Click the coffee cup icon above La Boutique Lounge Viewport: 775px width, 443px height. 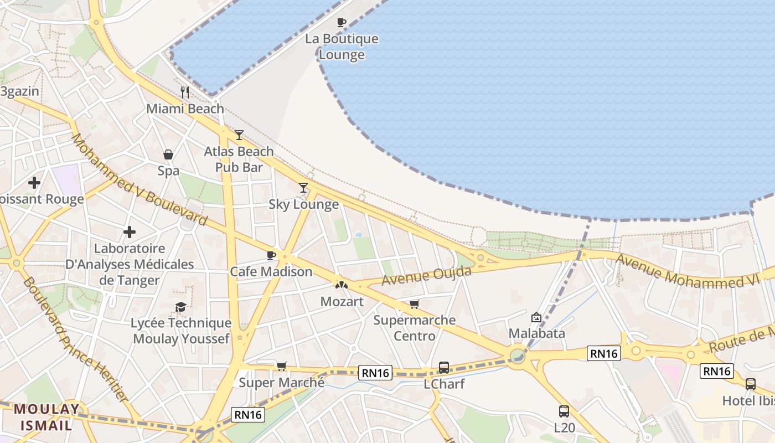[342, 23]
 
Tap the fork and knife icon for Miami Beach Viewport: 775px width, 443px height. [185, 92]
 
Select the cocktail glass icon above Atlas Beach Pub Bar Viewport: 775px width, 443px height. [239, 135]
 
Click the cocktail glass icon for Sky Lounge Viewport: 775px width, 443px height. [303, 188]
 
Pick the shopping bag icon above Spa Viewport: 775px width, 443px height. [168, 154]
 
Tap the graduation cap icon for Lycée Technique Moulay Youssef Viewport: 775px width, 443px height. [181, 307]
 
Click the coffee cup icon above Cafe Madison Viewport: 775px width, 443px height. [271, 255]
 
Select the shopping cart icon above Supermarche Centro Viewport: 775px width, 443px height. [414, 304]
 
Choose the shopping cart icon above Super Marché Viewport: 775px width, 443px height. [282, 366]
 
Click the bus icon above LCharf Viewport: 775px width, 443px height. [444, 367]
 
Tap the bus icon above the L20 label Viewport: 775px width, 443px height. [564, 411]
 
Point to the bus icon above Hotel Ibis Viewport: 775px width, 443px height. [751, 384]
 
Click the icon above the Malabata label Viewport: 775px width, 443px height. [536, 317]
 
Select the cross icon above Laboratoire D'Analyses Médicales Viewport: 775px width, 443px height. [130, 232]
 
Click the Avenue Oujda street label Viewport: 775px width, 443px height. [426, 275]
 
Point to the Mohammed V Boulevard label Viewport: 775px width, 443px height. [139, 181]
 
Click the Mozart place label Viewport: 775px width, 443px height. [342, 302]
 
